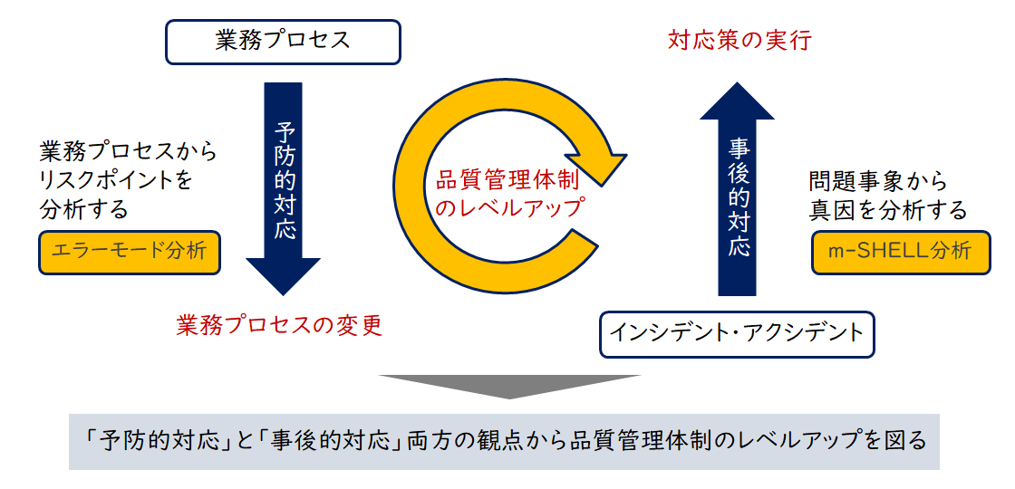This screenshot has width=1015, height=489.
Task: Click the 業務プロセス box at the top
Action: pos(283,42)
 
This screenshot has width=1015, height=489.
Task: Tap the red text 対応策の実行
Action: pos(739,41)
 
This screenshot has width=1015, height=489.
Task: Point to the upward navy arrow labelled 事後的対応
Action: pos(737,189)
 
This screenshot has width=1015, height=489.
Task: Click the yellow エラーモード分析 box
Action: pos(130,252)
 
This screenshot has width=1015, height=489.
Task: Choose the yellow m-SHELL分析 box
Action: pos(901,252)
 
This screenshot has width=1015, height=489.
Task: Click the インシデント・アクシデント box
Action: pos(737,334)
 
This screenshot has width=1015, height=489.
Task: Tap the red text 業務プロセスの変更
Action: pos(280,326)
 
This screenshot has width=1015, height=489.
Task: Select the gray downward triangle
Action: pos(509,386)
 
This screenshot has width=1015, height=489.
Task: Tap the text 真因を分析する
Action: pos(887,210)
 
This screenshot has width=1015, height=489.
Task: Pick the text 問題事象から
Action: pos(878,181)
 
